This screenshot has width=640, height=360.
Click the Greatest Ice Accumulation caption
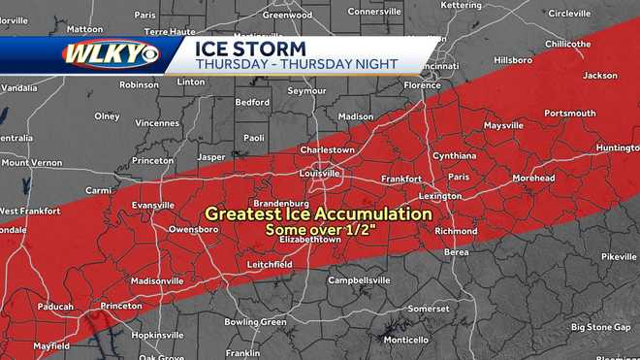click(317, 213)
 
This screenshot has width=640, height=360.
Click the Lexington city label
click(440, 196)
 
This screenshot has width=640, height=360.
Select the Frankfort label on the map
click(400, 180)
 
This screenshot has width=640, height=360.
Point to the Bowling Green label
click(255, 321)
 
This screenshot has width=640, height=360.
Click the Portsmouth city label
click(569, 114)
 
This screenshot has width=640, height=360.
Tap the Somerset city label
click(429, 309)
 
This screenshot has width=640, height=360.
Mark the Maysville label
click(503, 125)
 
